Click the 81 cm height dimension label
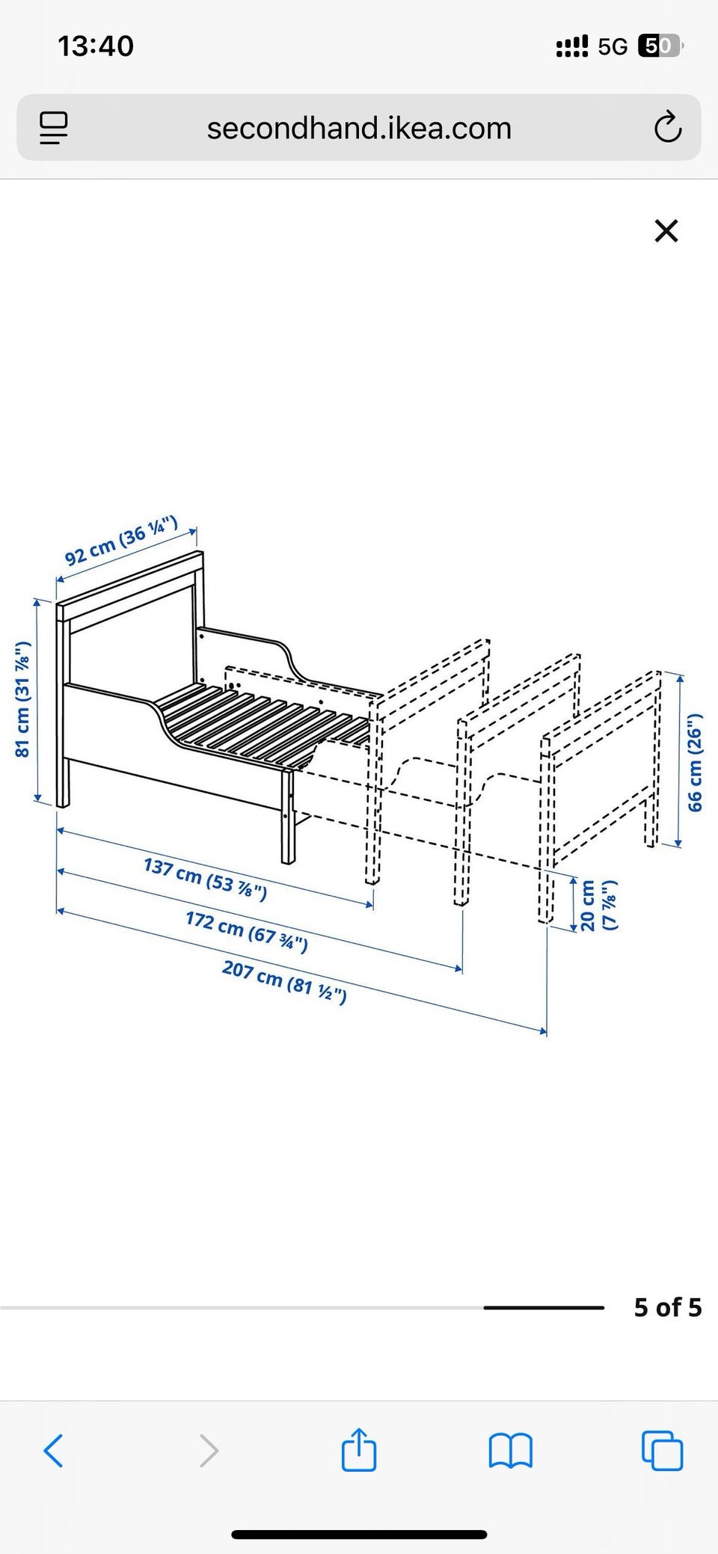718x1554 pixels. [23, 699]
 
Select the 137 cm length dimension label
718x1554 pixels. [205, 879]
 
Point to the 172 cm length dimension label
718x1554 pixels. [247, 933]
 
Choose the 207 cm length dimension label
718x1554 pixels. [284, 982]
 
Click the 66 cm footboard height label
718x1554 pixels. [696, 761]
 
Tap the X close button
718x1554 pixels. [666, 231]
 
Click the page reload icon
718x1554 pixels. [667, 128]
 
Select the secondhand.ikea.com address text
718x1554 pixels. [359, 128]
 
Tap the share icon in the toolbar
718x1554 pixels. [359, 1450]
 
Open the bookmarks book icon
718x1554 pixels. [510, 1451]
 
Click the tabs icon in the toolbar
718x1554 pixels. [663, 1451]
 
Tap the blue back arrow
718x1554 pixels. [53, 1451]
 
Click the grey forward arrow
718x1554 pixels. [209, 1451]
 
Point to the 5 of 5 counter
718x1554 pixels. [668, 1307]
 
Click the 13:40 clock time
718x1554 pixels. [96, 46]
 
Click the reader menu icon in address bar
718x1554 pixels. [54, 128]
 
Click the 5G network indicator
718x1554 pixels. [613, 46]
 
